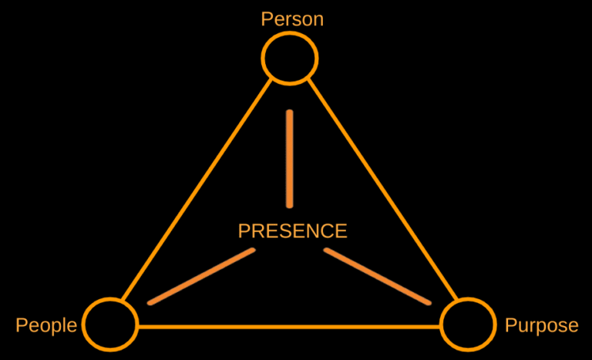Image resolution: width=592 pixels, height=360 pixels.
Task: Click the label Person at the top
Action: coord(292,19)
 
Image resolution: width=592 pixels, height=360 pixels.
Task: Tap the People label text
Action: coord(46,325)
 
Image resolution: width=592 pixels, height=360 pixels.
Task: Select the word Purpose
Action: coord(541,325)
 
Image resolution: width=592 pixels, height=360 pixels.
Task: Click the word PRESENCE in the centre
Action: coord(292,230)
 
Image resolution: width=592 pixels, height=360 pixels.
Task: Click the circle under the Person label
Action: coord(290,58)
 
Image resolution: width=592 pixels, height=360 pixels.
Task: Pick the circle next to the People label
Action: coord(110,325)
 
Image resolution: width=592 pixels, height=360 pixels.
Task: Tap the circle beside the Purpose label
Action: coord(467,325)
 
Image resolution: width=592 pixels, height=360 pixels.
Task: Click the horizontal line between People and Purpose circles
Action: coord(289,327)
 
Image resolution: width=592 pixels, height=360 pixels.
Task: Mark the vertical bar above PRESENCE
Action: coord(290,159)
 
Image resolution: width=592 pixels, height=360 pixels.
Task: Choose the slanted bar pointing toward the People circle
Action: coord(201,276)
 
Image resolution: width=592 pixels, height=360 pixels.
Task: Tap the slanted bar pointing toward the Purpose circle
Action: coord(378,276)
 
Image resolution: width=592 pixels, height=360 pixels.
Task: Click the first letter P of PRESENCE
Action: coord(244,230)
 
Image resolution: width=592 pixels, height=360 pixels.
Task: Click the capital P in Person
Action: coord(267,19)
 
